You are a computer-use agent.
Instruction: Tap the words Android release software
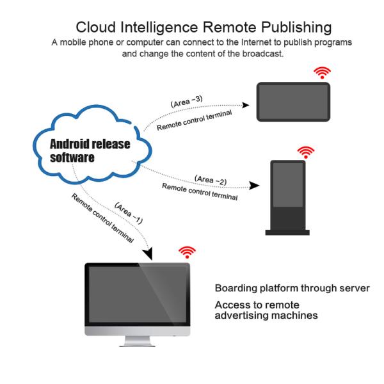[90, 150]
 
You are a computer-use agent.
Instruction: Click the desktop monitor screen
[138, 295]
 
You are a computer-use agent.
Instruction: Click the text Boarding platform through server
[292, 288]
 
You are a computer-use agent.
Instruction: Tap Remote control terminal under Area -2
[200, 192]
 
